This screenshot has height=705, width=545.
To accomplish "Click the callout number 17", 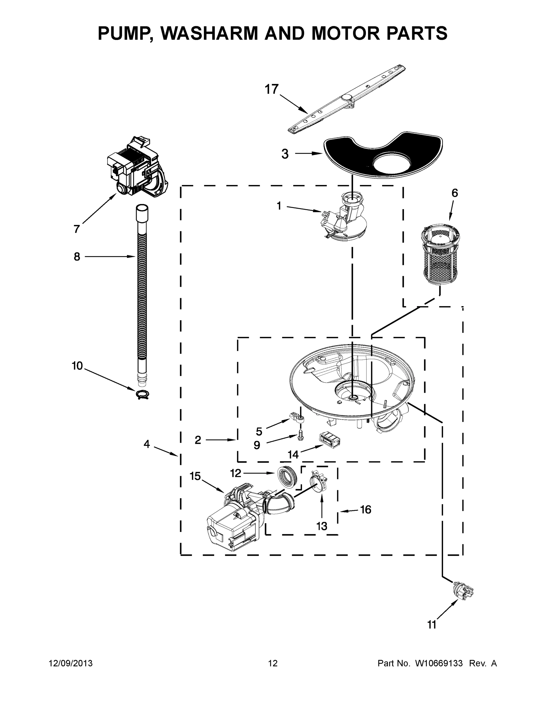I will (x=271, y=89).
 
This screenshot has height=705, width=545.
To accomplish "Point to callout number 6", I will (x=455, y=193).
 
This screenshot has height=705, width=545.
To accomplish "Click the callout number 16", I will (x=365, y=509).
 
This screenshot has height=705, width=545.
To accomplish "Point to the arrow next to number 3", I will (x=308, y=154).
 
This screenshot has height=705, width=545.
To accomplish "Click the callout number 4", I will (x=147, y=444).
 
